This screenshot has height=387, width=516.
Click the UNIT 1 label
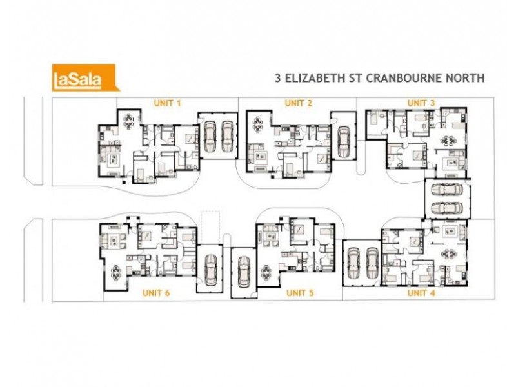(167, 103)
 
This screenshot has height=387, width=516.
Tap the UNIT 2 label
(299, 103)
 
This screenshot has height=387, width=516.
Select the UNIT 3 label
(421, 103)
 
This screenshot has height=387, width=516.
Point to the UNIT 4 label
(421, 293)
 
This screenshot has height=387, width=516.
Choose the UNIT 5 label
(300, 293)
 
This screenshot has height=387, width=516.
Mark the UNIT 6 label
(155, 293)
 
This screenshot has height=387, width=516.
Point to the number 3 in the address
(277, 79)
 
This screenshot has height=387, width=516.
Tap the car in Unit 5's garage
(243, 272)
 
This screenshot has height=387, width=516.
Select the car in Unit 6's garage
(210, 270)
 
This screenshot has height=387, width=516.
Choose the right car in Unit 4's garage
(372, 261)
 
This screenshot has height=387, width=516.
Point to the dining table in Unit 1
(129, 120)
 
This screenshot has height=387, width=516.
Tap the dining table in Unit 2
(259, 122)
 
